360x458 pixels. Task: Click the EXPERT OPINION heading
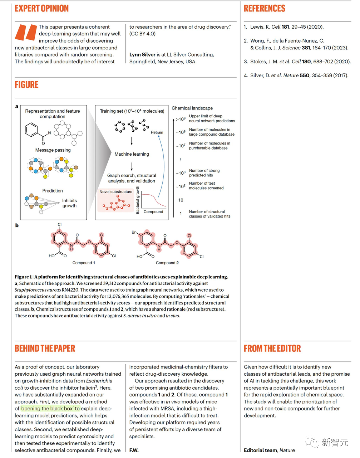[x=41, y=9]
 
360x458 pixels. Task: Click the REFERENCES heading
[x=264, y=9]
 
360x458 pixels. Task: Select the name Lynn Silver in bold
[x=142, y=55]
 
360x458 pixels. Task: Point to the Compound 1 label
[x=84, y=263]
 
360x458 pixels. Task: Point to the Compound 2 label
[x=167, y=263]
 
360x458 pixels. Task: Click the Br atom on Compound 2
[x=134, y=232]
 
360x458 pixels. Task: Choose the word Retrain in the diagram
[x=157, y=132]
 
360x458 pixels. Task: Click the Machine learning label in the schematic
[x=132, y=154]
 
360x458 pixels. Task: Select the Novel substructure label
[x=115, y=192]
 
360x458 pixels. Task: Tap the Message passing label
[x=53, y=150]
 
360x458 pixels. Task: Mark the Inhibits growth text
[x=69, y=203]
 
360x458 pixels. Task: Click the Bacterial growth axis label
[x=138, y=200]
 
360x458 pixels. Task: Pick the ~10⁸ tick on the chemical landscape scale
[x=181, y=132]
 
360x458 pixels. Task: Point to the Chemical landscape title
[x=192, y=108]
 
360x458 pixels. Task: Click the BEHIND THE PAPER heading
[x=45, y=349]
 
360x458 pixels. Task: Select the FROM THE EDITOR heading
[x=272, y=349]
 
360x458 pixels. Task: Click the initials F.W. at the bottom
[x=134, y=450]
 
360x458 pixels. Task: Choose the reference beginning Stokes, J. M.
[x=297, y=62]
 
